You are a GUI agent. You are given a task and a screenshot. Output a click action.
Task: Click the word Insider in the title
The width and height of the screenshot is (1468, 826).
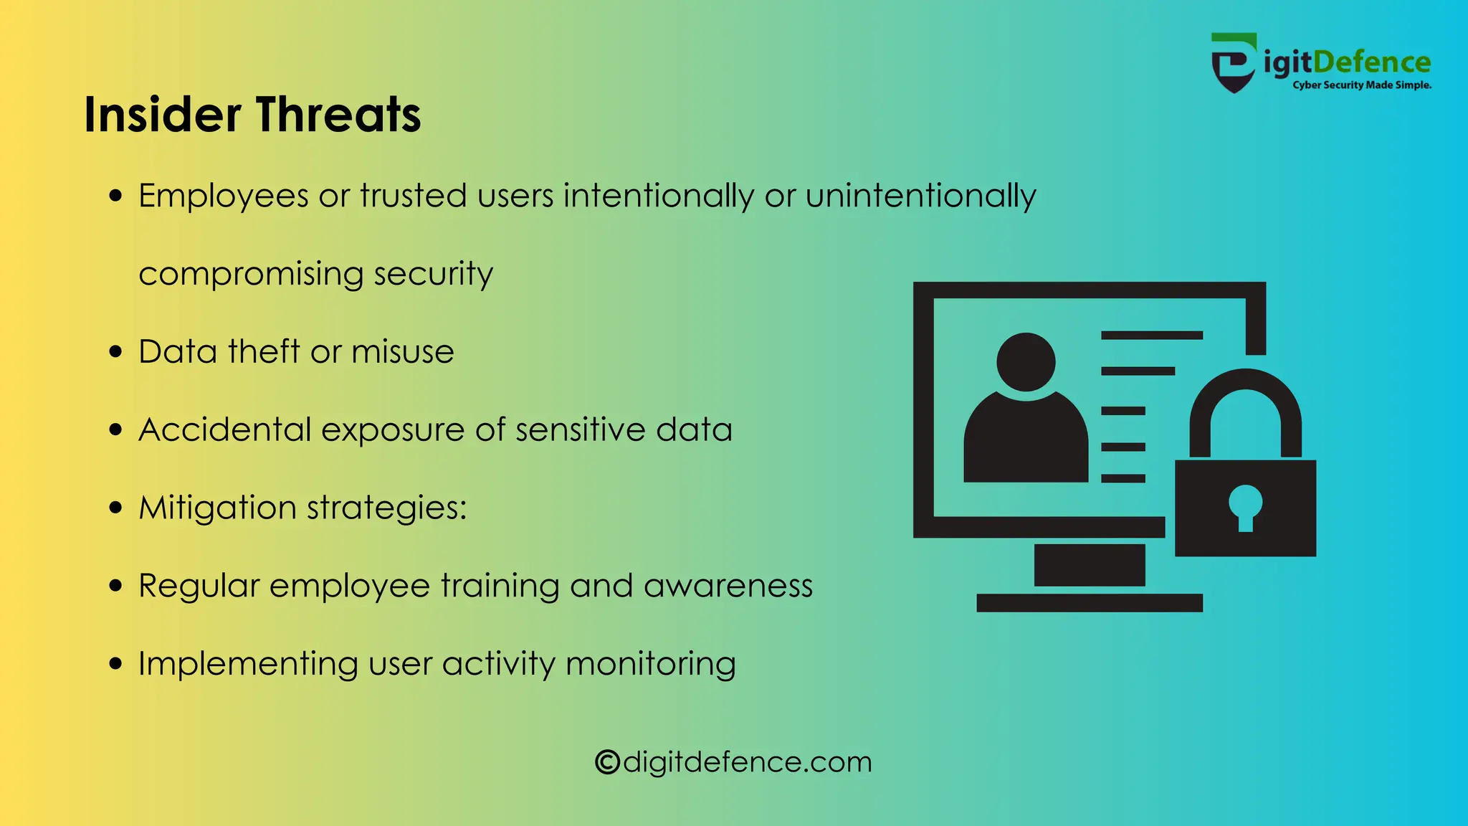point(162,115)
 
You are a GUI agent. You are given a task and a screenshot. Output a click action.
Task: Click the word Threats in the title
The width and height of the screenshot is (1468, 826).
point(338,115)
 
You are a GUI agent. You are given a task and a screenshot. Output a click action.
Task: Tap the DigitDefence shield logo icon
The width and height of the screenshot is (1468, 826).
point(1233,63)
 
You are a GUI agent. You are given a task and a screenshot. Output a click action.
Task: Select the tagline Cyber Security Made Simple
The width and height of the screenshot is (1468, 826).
point(1361,85)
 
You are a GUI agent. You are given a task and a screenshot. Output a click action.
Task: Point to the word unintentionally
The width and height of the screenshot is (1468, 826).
point(920,196)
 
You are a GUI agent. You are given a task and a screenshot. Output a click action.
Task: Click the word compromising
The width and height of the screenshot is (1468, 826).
point(251,274)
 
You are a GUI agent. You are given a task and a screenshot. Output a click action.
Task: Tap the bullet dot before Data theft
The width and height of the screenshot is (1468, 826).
point(116,352)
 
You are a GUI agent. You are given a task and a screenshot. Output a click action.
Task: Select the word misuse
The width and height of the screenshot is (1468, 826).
point(402,352)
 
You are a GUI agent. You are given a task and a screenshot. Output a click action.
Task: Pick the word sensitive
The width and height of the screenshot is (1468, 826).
point(581,430)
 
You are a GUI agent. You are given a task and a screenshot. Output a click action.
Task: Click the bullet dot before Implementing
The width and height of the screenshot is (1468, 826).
point(116,664)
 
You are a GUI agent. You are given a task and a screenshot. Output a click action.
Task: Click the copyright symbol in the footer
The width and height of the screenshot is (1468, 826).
point(607,762)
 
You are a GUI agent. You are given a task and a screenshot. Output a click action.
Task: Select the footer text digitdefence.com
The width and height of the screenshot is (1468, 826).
point(748,762)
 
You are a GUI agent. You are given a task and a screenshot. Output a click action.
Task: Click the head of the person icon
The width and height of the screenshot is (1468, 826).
point(1026,361)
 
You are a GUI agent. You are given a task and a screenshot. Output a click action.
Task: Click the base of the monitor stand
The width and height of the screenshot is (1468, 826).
point(1089,603)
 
